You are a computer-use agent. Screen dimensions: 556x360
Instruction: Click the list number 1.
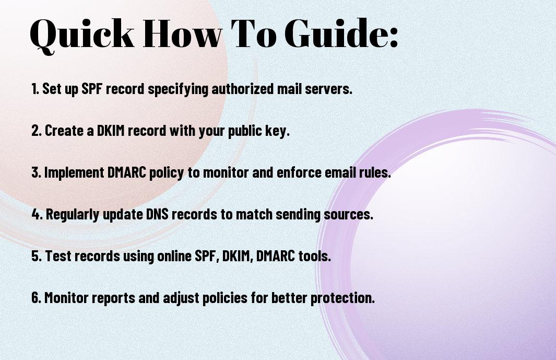[x=35, y=89]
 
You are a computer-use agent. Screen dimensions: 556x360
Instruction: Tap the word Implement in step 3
[x=74, y=172]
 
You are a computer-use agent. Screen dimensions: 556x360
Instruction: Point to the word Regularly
[x=73, y=214]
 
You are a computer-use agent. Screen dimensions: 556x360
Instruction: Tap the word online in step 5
[x=174, y=256]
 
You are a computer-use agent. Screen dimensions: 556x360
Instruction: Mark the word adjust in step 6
[x=181, y=298]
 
